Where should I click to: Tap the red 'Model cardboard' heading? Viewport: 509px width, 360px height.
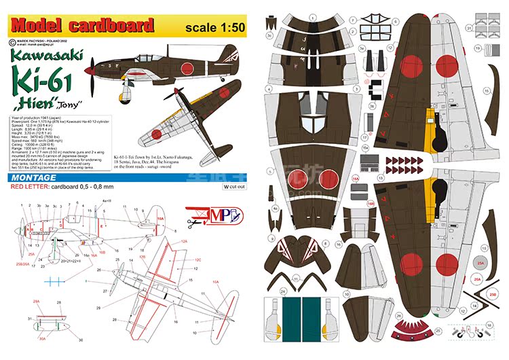(x=81, y=26)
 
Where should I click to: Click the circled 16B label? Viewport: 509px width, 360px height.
(x=371, y=202)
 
